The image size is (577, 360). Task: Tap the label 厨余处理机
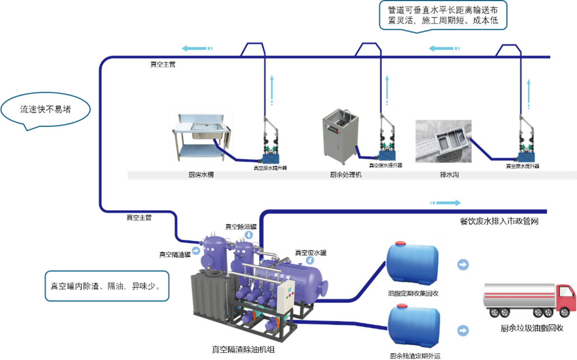(x=346, y=175)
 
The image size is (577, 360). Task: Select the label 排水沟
(x=450, y=175)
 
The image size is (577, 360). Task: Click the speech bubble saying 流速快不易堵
(x=45, y=110)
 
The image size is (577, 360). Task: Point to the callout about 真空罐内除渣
(x=106, y=286)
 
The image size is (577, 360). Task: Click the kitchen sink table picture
(x=200, y=138)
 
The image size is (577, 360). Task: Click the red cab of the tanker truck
(x=565, y=299)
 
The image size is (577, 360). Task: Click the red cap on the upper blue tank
(x=401, y=244)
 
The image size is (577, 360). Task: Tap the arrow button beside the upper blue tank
(x=463, y=264)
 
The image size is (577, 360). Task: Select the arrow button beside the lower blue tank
(x=463, y=330)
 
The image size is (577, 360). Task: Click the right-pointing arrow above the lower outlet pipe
(x=446, y=202)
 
